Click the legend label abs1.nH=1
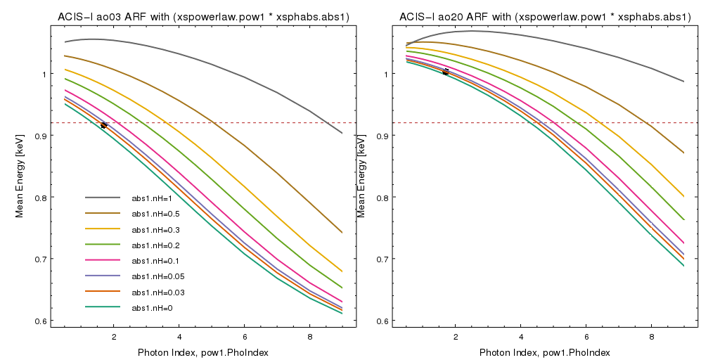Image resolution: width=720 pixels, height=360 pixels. (x=153, y=198)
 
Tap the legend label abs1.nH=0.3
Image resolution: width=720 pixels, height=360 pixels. (x=155, y=229)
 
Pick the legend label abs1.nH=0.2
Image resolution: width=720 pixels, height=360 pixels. (x=155, y=245)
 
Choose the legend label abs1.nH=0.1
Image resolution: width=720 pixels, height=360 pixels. (x=155, y=261)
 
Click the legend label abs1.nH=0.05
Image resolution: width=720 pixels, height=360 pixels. (x=157, y=276)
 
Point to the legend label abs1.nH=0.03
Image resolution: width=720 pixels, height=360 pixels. (x=157, y=292)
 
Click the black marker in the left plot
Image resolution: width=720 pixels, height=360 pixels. (x=104, y=124)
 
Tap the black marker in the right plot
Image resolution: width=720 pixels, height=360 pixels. (x=445, y=72)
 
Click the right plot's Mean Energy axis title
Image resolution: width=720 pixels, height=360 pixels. (x=362, y=176)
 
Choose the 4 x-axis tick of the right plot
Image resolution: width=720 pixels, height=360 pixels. (x=520, y=336)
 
